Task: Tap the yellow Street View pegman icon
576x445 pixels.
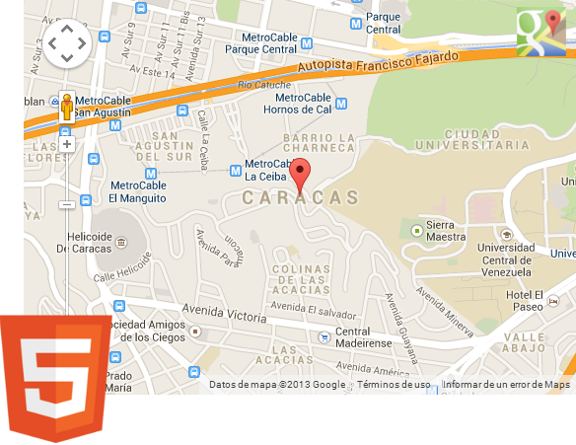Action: point(67,106)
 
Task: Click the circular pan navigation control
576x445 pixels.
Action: point(67,42)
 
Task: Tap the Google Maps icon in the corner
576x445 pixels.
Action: point(540,32)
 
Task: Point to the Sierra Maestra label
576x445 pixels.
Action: point(446,230)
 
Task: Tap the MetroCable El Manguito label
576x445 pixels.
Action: point(139,190)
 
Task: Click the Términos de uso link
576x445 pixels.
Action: point(394,385)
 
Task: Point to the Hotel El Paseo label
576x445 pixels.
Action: point(525,301)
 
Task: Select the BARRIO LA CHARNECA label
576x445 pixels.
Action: point(318,144)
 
